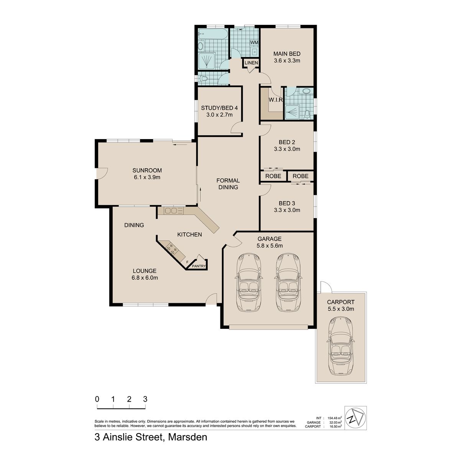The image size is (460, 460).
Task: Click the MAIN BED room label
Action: (287, 54)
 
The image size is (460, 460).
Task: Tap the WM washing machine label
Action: (254, 43)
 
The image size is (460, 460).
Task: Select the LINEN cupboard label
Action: (251, 63)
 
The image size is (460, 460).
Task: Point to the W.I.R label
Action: (276, 100)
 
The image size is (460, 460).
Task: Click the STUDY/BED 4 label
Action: (219, 108)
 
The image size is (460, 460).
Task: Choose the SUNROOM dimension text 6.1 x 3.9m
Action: (147, 177)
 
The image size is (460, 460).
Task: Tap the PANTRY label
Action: (199, 266)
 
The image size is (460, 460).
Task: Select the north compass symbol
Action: (355, 421)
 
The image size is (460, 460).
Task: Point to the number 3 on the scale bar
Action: (145, 399)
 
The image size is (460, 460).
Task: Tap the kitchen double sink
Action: (174, 210)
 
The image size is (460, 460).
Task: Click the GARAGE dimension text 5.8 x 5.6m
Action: (269, 246)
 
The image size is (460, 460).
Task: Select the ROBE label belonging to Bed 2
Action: (273, 176)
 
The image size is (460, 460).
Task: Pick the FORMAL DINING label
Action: (228, 184)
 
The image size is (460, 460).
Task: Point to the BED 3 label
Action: (287, 204)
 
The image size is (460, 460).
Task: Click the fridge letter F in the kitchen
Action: (187, 262)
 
